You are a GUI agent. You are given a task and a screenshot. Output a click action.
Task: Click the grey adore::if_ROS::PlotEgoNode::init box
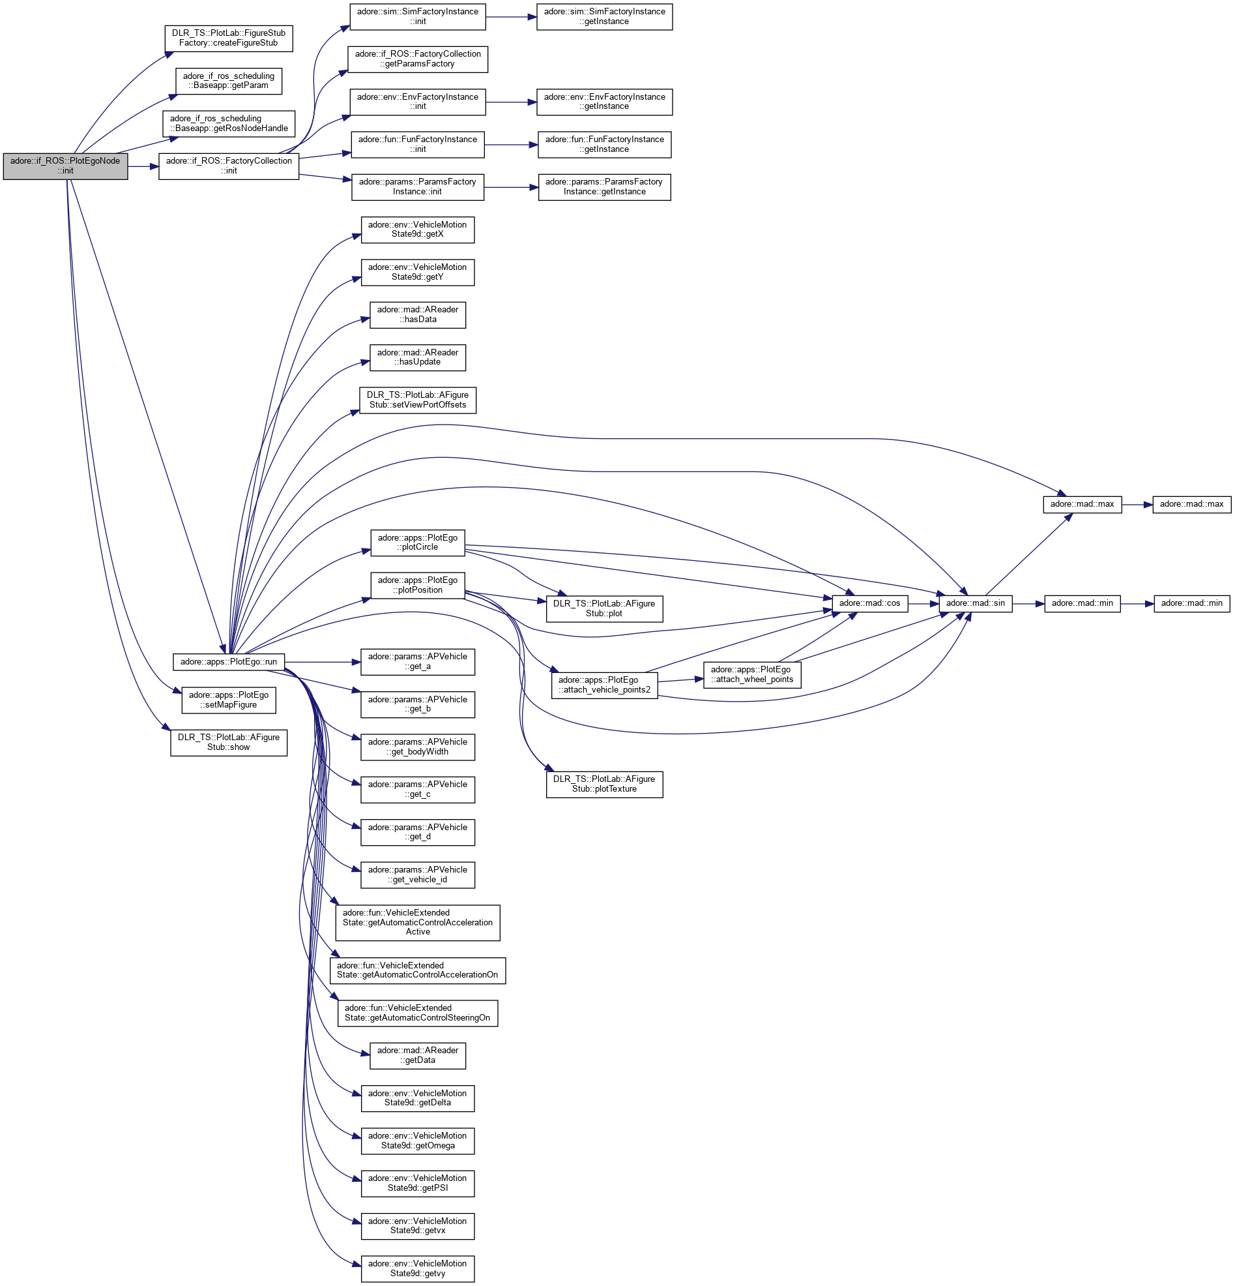(x=65, y=166)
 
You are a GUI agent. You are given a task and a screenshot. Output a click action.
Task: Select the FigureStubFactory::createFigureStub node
(x=228, y=38)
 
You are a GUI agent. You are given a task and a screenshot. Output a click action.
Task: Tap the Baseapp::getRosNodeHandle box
(x=229, y=123)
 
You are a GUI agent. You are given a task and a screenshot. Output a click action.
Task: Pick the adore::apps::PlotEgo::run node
(x=228, y=662)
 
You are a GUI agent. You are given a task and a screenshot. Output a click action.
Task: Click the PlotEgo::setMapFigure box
(x=228, y=700)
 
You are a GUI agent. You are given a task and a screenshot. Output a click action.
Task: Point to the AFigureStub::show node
(x=228, y=742)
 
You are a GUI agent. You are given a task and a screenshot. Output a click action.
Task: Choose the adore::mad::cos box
(x=869, y=603)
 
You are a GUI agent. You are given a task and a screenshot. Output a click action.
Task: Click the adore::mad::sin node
(x=975, y=603)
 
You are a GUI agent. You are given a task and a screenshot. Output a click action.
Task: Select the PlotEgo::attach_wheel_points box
(x=751, y=674)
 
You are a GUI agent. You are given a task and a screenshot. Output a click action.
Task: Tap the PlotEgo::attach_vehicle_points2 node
(x=604, y=685)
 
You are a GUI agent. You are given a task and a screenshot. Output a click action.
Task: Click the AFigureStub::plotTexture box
(x=604, y=784)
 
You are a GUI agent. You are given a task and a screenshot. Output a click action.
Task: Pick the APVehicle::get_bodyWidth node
(x=417, y=747)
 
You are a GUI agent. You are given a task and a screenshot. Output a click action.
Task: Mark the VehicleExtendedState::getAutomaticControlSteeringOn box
(x=417, y=1013)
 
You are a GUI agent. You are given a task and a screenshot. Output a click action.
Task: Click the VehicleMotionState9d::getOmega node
(x=417, y=1141)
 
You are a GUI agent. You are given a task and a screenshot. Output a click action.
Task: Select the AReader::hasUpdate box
(x=417, y=357)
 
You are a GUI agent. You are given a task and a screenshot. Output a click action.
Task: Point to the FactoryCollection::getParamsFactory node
(x=417, y=59)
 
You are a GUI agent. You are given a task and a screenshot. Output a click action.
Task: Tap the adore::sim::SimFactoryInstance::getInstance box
(x=604, y=16)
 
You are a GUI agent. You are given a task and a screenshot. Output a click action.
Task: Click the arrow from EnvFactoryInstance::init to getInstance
(x=511, y=102)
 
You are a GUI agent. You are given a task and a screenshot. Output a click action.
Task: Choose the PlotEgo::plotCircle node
(x=417, y=542)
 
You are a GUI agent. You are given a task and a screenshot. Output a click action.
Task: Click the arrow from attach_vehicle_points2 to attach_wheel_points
(x=680, y=680)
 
